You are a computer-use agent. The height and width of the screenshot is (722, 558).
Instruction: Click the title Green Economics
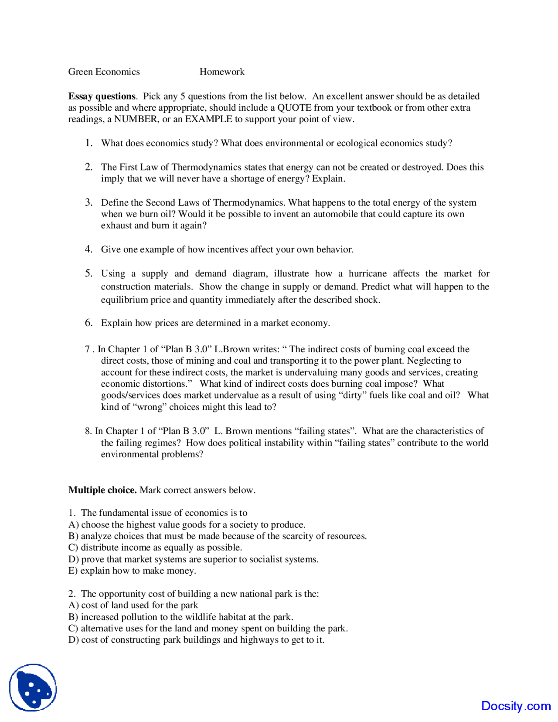(104, 72)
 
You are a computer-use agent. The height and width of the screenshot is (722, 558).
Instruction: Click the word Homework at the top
(222, 72)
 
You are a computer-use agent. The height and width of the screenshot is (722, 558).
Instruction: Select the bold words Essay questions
(102, 96)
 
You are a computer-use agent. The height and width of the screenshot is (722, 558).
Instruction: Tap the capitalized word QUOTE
(294, 108)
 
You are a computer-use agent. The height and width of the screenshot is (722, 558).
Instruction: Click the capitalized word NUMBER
(136, 119)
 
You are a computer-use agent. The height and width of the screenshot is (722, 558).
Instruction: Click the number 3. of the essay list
(88, 202)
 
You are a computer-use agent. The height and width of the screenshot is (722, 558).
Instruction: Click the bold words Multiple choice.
(102, 490)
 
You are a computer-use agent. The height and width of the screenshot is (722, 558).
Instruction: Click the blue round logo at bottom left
(33, 688)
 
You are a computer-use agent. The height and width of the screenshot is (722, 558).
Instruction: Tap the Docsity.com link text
(516, 706)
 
